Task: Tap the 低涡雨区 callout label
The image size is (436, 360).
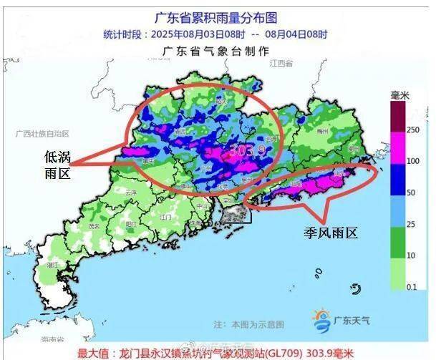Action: (58, 165)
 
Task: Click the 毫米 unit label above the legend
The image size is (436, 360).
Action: (399, 94)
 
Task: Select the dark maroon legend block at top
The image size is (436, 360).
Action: (398, 115)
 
